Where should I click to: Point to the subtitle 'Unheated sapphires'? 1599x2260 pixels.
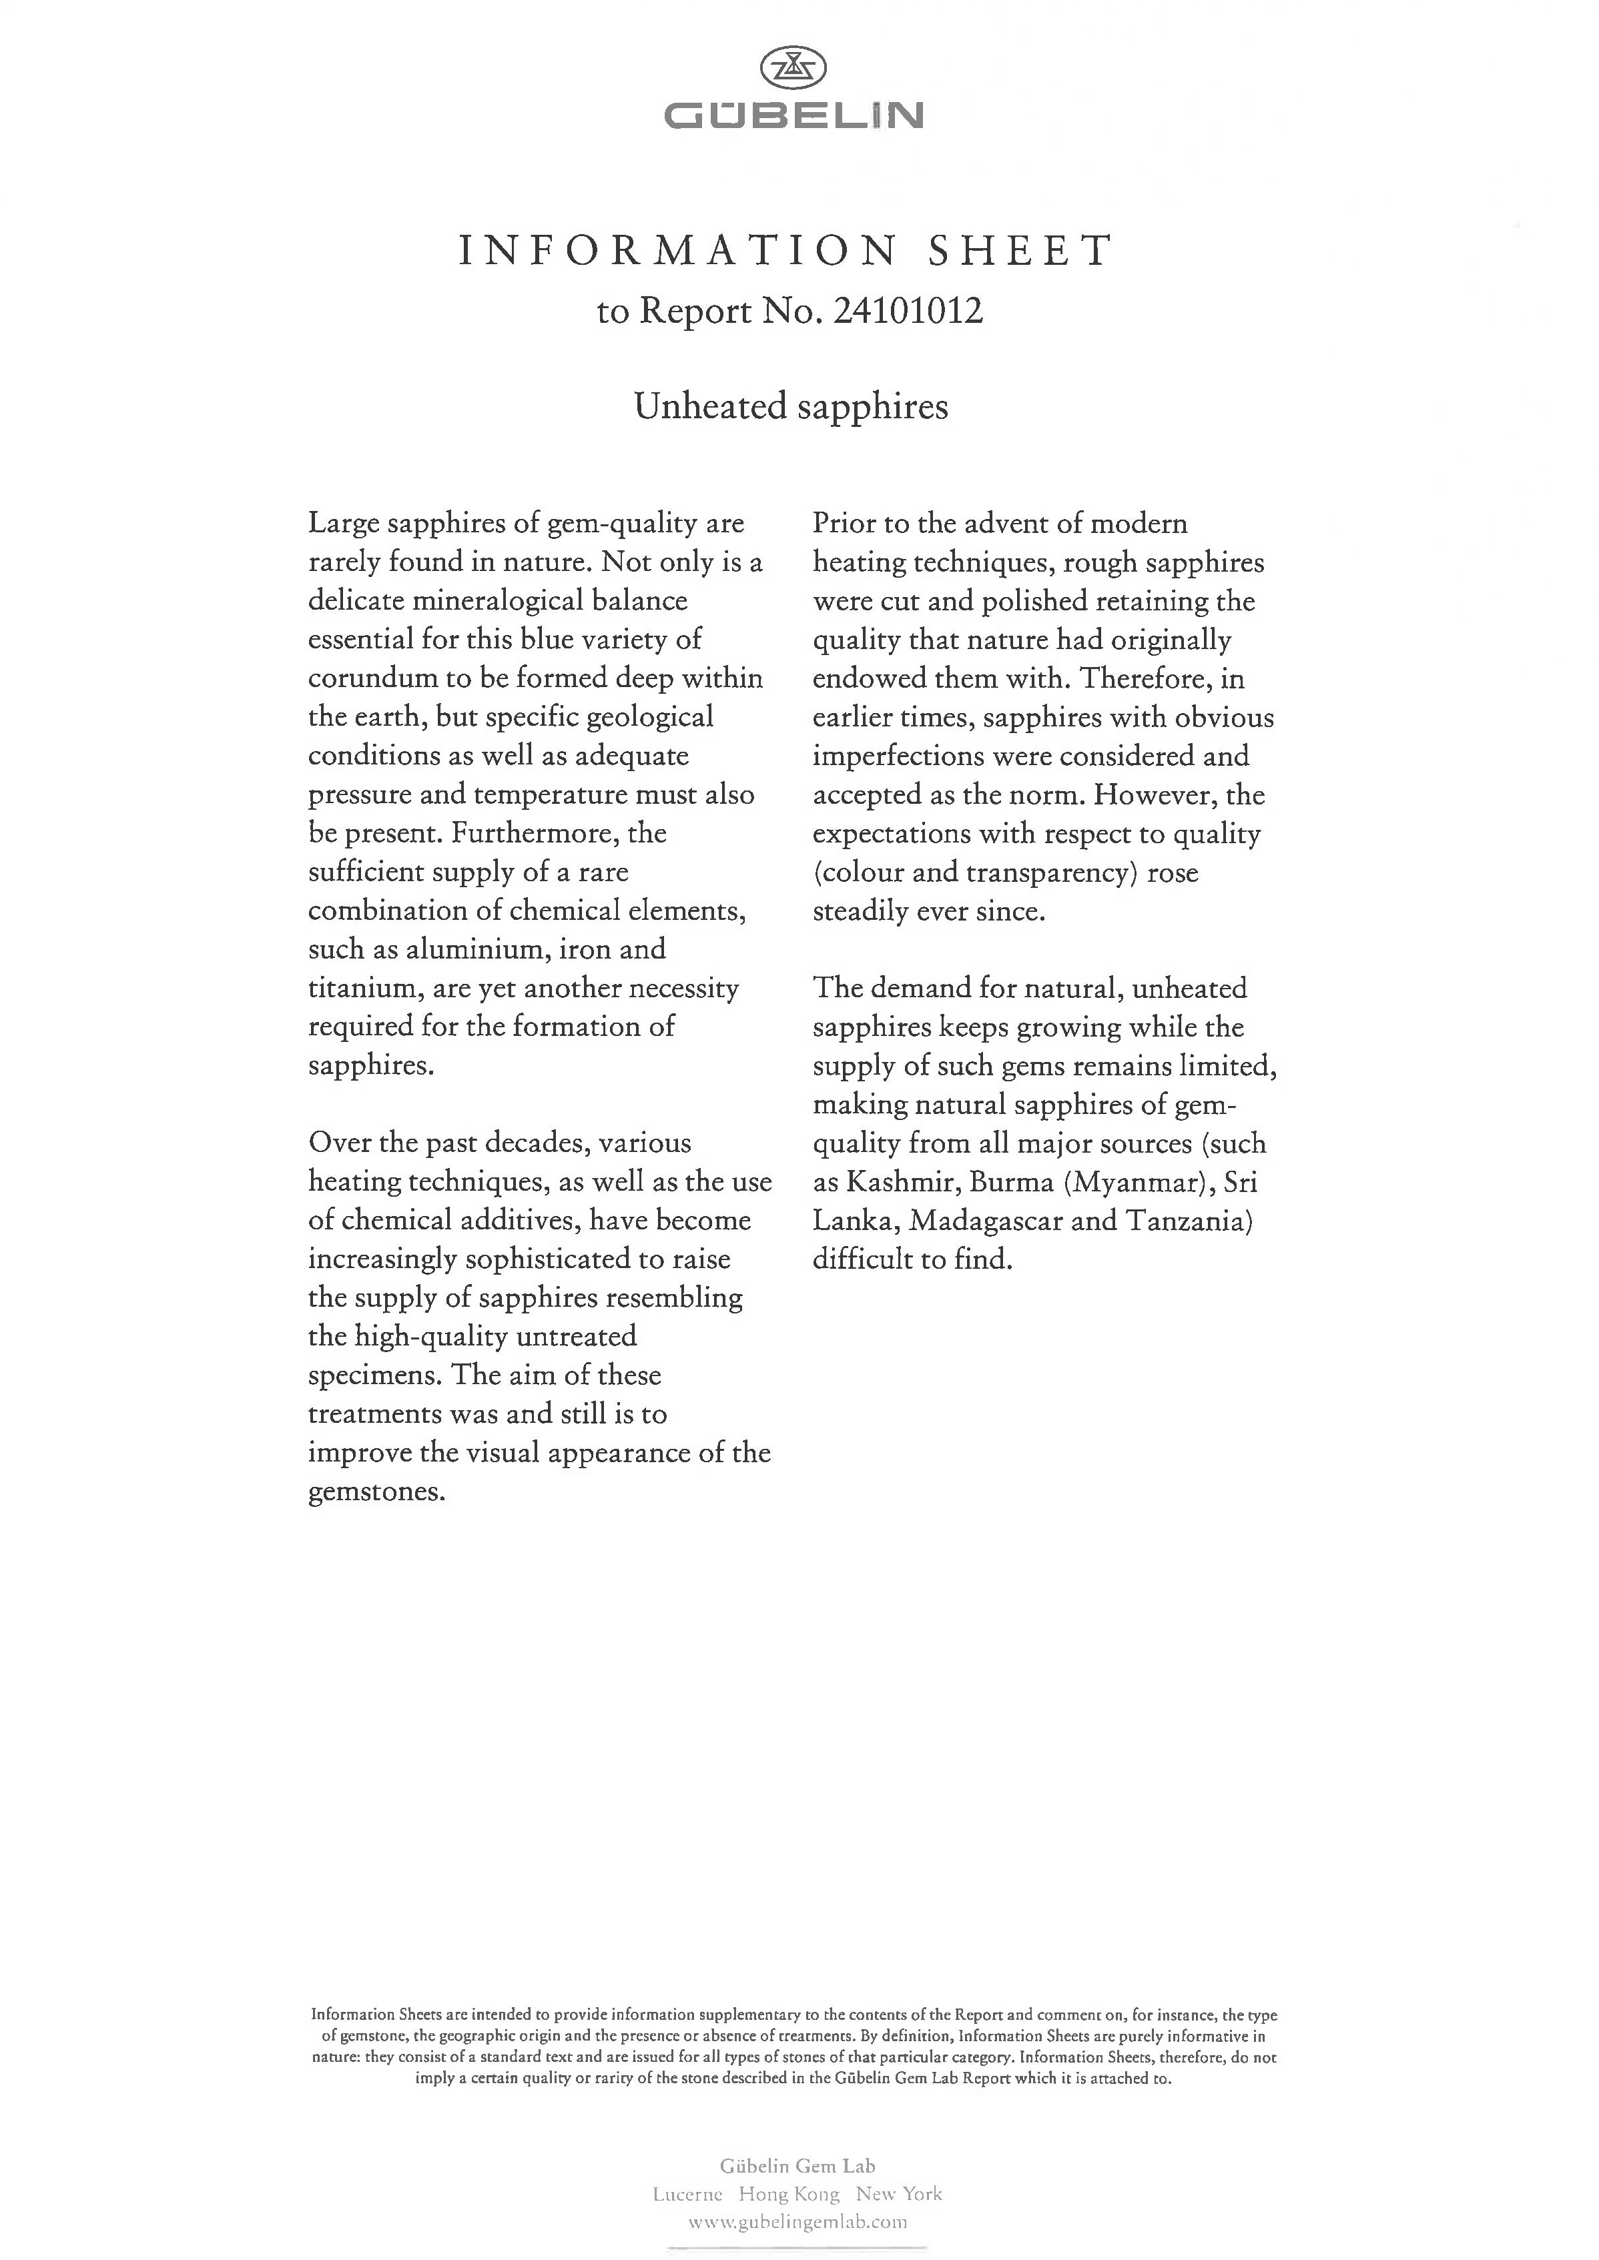pos(791,406)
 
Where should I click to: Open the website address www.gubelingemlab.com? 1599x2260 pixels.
pos(797,2221)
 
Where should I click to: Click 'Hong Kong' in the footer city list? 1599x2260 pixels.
pos(789,2194)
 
